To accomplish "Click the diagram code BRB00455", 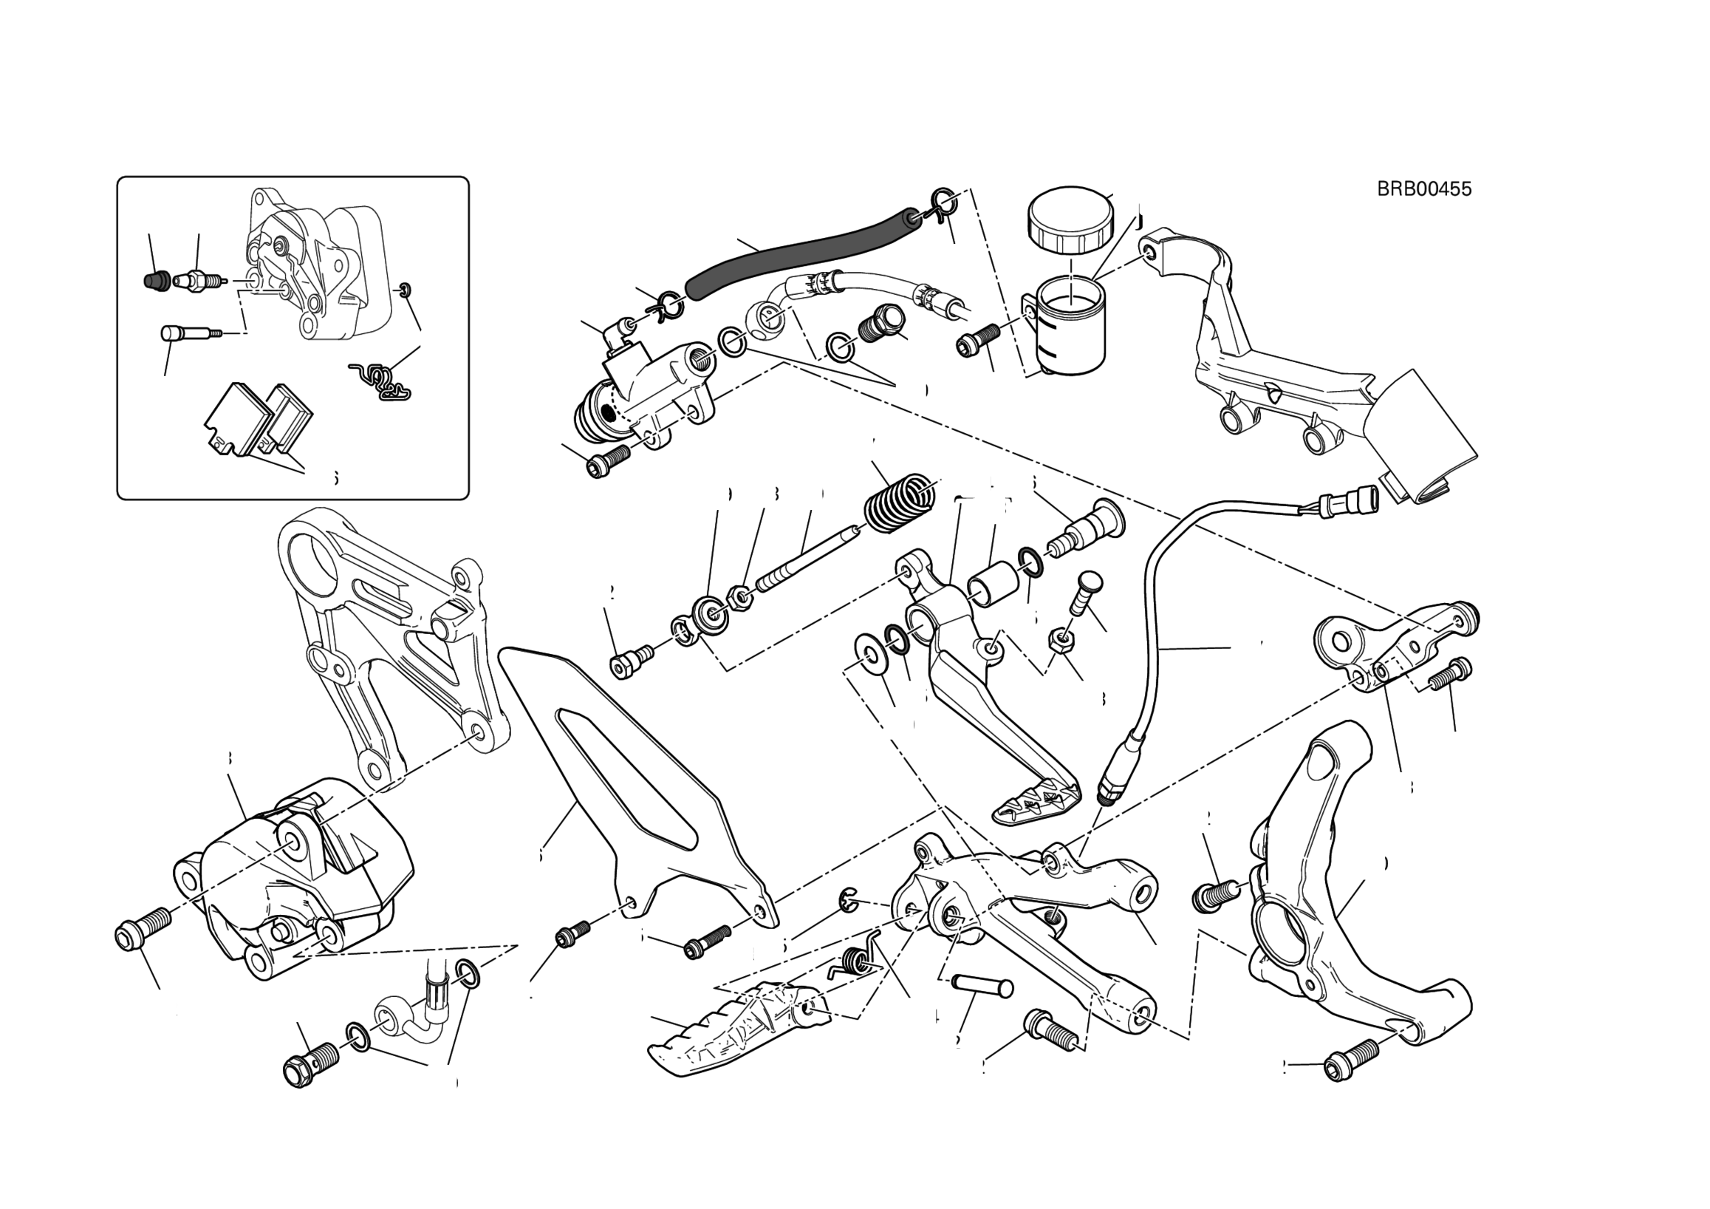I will tap(1423, 189).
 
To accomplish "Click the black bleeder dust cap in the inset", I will tap(154, 281).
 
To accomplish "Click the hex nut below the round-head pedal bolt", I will tap(1061, 639).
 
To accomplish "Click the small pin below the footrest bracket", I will tap(983, 987).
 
